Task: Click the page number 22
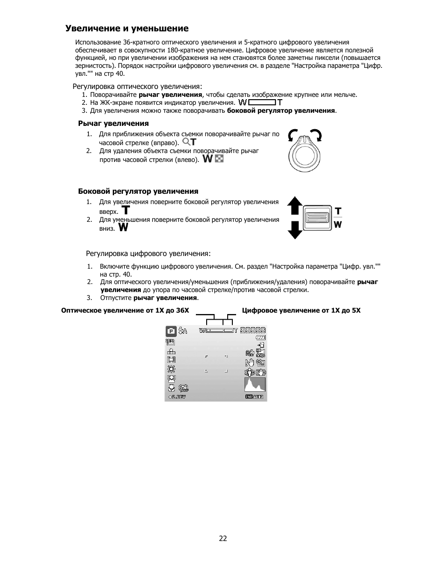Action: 223,539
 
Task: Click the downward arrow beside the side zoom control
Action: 295,230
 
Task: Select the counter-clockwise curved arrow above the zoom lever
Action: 294,135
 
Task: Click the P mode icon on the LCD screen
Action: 171,331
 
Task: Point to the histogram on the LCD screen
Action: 255,385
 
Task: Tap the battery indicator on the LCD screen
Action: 260,338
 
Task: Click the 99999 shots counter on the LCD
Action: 253,330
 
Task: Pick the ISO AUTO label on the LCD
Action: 254,397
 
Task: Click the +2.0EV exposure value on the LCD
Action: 177,397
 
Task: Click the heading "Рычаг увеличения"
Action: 113,124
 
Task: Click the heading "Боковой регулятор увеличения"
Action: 138,191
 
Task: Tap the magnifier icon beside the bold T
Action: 186,141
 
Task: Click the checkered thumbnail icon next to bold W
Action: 219,159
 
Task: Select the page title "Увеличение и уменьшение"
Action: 127,29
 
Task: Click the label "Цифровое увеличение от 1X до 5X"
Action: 301,310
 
